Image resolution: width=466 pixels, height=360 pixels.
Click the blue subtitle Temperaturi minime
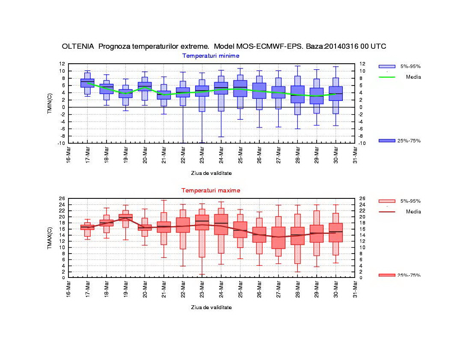[211, 56]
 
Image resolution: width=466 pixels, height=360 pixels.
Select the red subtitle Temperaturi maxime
[211, 190]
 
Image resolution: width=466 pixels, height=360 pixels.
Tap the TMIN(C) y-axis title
[50, 103]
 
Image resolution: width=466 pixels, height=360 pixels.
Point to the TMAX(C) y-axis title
[50, 238]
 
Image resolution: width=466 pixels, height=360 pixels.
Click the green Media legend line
[387, 77]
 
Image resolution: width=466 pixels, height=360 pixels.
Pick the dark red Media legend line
[387, 212]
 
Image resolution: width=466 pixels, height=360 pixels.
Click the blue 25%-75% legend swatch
[387, 141]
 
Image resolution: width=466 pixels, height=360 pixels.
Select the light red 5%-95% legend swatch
[387, 201]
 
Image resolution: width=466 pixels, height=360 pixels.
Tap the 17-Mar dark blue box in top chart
[87, 83]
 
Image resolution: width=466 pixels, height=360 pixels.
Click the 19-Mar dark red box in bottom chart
[125, 218]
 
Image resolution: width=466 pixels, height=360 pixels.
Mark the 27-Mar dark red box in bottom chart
[278, 238]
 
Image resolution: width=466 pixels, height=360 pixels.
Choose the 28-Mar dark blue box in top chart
[297, 94]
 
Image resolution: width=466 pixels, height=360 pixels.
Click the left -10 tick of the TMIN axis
[62, 143]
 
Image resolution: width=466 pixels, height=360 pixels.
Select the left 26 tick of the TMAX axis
[62, 198]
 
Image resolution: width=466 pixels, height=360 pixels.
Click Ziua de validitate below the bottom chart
[211, 307]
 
